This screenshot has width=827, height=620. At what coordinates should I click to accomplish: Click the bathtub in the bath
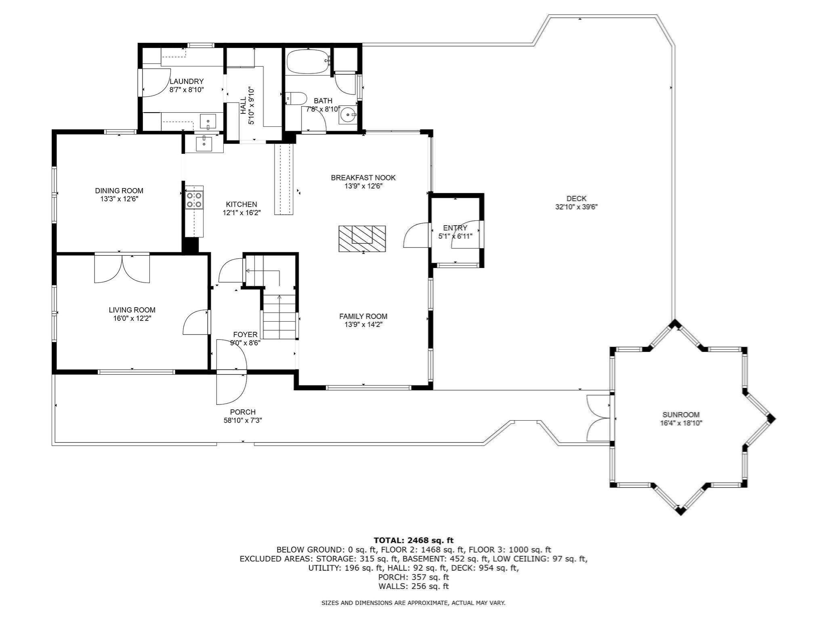(308, 61)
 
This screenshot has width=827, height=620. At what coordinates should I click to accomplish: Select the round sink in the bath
(347, 115)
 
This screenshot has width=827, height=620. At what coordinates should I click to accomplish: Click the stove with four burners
(194, 199)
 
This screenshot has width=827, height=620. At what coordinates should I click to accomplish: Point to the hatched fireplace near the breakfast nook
(362, 239)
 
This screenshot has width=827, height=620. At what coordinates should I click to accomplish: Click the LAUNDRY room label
(186, 82)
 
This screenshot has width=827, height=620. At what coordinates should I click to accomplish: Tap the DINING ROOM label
(119, 191)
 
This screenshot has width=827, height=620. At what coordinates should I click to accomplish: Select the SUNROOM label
(681, 415)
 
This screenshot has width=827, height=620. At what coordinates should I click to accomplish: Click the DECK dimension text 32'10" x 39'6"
(576, 207)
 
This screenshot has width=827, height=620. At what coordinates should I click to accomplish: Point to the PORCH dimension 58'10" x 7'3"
(243, 420)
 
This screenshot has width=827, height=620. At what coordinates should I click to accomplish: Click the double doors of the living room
(122, 268)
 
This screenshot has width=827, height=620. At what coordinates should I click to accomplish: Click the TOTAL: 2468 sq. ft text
(413, 540)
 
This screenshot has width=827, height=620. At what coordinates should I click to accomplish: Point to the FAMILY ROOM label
(363, 316)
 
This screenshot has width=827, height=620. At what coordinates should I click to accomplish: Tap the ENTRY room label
(455, 228)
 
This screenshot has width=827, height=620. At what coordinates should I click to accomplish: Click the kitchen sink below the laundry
(204, 143)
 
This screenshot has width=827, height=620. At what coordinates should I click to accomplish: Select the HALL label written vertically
(243, 105)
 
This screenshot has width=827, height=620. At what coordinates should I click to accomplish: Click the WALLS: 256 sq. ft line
(413, 586)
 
